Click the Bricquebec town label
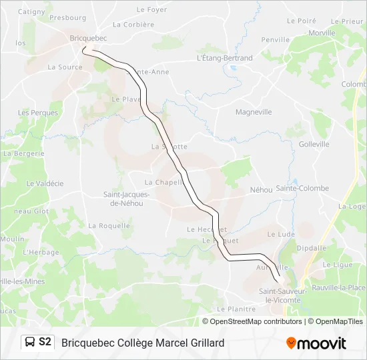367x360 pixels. click(x=84, y=39)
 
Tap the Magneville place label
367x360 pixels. click(x=254, y=112)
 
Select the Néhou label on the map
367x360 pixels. click(x=261, y=190)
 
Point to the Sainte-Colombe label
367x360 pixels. click(x=302, y=189)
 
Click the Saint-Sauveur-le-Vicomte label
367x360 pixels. click(x=284, y=295)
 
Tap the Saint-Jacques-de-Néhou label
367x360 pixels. click(x=125, y=199)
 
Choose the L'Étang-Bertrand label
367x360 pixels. click(x=225, y=58)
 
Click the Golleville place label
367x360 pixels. click(x=314, y=144)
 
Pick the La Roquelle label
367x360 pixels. click(x=109, y=226)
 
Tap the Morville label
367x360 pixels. click(x=322, y=33)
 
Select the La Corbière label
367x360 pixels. click(x=133, y=25)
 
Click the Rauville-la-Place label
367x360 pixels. click(x=343, y=287)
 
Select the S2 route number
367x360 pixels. click(x=45, y=342)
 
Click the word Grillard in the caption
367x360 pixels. click(x=202, y=343)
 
